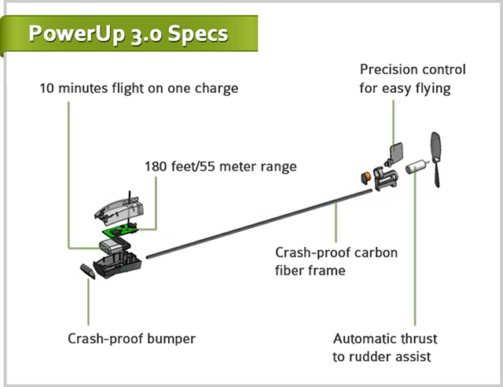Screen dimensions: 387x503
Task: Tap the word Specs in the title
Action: pos(198,34)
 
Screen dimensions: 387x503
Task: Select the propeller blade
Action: pos(438,160)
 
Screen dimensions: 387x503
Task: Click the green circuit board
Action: pos(121,233)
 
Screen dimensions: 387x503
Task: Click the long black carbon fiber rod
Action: pos(259,219)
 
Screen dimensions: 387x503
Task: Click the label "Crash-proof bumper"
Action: pos(131,340)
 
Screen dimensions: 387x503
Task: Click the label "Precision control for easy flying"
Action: pos(413,79)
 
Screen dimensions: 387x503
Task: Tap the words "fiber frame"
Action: pos(314,269)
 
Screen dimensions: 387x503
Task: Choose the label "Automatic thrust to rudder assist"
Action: pos(385,348)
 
